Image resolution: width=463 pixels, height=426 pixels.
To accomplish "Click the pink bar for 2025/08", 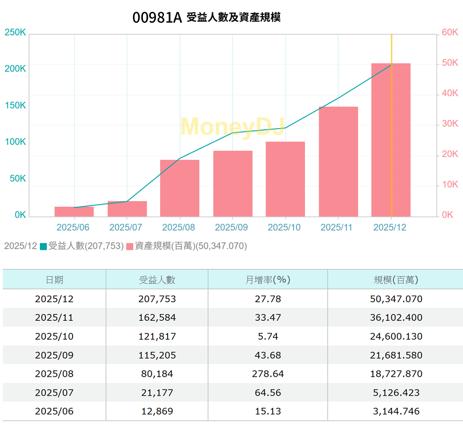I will tap(180, 188).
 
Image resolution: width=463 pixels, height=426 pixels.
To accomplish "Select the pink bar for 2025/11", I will tap(338, 162).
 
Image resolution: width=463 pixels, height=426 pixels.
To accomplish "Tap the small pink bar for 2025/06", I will tap(74, 212).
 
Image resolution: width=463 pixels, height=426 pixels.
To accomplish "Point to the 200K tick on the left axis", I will tap(15, 69).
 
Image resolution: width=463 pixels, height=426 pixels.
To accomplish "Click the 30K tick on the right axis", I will tap(450, 123).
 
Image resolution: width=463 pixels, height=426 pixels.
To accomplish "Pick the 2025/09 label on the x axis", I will tap(231, 227).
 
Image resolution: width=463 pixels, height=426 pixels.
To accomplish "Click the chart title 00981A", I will tap(157, 17).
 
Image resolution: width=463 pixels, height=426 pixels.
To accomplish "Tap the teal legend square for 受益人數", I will tap(44, 247).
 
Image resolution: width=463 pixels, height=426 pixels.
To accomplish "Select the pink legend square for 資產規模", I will tap(130, 247).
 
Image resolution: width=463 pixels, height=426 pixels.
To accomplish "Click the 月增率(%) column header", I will tap(267, 280).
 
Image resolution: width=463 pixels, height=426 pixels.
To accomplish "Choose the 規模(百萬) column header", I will tap(396, 280).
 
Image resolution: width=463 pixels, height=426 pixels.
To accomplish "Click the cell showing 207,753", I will tap(157, 299).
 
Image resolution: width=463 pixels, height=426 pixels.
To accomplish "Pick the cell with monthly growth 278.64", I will tap(267, 374).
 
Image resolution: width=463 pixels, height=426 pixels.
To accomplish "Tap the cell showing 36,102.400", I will tap(396, 317).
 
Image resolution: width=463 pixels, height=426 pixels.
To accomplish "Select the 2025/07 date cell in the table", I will tap(54, 393).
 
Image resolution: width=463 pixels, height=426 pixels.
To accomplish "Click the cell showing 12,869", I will tap(157, 411).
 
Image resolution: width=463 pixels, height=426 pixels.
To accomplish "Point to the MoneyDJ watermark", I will tap(233, 126).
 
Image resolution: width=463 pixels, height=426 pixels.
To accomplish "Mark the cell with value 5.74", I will tap(267, 336).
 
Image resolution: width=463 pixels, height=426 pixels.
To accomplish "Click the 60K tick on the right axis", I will tap(450, 32).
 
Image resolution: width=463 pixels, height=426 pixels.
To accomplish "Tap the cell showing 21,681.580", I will tap(396, 355).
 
